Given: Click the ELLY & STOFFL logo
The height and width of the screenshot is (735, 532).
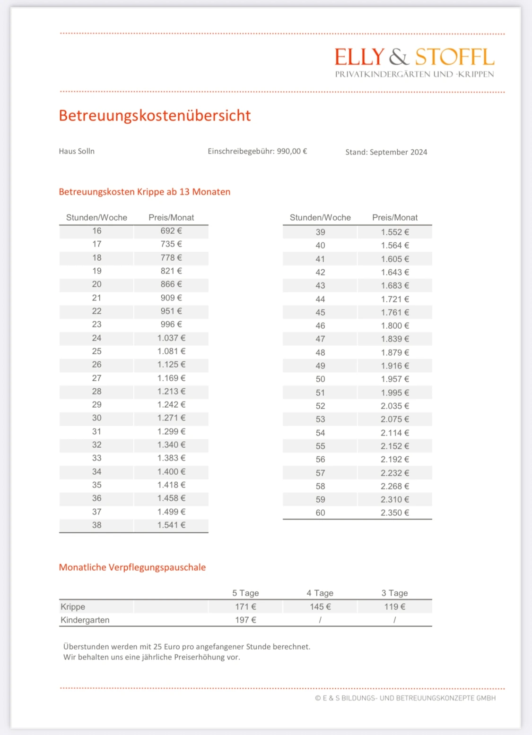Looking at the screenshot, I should [414, 62].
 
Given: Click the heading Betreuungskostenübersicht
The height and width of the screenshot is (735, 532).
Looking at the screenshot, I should [155, 116].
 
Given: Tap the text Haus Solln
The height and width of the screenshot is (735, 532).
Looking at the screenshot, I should [77, 151].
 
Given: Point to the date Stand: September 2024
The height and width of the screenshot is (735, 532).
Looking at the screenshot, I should [386, 152].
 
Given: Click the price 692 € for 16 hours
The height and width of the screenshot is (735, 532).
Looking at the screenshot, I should [171, 231].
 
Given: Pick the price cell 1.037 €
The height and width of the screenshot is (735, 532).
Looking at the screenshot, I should [171, 338].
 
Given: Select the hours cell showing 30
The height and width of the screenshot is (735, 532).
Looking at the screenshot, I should [96, 418].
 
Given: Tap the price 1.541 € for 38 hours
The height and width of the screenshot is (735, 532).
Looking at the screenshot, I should [171, 525].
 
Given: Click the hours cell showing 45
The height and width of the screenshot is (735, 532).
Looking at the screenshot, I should [320, 313].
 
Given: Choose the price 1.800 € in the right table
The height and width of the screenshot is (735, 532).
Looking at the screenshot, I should [395, 326].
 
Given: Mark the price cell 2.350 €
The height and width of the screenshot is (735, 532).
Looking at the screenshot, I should [395, 513].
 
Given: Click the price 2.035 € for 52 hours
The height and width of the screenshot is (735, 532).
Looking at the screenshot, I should [395, 406].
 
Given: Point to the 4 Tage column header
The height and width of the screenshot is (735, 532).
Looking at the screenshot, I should [320, 593].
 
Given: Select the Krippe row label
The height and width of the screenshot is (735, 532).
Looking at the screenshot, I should [73, 607].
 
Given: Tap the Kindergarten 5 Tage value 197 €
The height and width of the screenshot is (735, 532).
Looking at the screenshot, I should [245, 620].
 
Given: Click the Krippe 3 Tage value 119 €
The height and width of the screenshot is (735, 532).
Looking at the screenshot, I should [395, 607].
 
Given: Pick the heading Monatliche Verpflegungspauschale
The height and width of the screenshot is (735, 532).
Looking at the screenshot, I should [132, 567].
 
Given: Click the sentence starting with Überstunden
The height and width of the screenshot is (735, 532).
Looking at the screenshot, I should [187, 647].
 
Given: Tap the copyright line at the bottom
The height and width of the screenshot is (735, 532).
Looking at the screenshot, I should [405, 698].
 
